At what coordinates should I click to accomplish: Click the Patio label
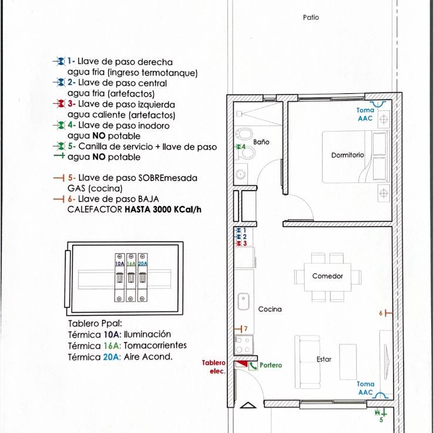tap(311, 18)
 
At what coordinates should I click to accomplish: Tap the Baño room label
tap(261, 142)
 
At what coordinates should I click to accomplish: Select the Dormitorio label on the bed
tap(347, 155)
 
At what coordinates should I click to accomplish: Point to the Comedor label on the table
tap(328, 276)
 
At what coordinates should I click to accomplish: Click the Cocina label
tap(270, 309)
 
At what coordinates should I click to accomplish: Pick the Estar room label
tap(324, 359)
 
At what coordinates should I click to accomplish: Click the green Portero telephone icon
tap(253, 366)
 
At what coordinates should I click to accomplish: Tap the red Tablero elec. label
tap(214, 367)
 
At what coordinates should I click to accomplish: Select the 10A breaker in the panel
tap(120, 278)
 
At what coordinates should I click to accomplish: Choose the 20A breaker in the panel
tap(143, 278)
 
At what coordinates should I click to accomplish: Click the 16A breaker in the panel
tap(131, 278)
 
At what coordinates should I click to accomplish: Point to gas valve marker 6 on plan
tap(386, 313)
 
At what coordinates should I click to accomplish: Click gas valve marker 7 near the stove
tap(241, 329)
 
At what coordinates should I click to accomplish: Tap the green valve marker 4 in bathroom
tap(240, 147)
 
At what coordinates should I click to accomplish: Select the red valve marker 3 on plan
tap(241, 243)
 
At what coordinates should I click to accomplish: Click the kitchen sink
tap(243, 302)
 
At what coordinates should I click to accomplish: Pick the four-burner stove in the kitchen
tap(244, 345)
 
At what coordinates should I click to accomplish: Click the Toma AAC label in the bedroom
tap(365, 114)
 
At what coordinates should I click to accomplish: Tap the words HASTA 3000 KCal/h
tap(163, 209)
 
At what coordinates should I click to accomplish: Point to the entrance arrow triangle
tap(248, 405)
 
